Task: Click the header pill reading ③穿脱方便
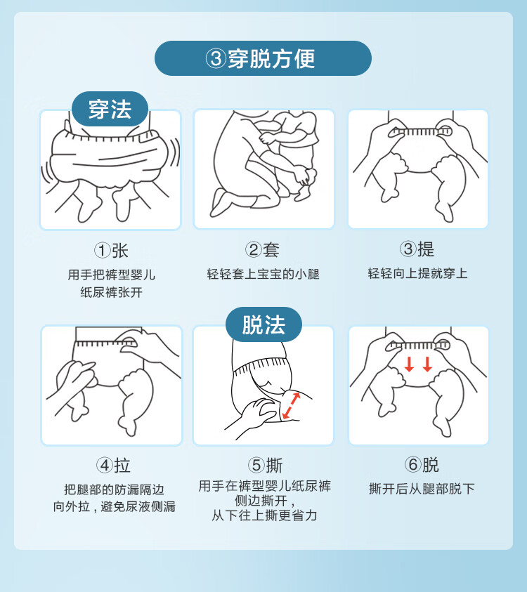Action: [x=263, y=58]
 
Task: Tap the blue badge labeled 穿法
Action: [x=110, y=109]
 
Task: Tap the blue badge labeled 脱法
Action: [x=263, y=324]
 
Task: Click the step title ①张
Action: [x=111, y=250]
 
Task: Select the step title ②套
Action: [x=262, y=249]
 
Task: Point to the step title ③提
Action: [x=417, y=249]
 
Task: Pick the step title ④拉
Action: [x=113, y=466]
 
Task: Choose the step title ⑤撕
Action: [x=265, y=465]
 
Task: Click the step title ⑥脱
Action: [x=422, y=465]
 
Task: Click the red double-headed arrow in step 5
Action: [x=292, y=406]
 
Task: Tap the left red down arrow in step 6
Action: [x=409, y=364]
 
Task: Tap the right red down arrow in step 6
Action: [x=427, y=364]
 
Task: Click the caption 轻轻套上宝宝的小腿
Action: [x=263, y=274]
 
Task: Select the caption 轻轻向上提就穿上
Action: [x=418, y=273]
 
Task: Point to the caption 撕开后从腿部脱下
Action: [x=422, y=489]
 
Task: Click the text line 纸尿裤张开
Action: [x=112, y=292]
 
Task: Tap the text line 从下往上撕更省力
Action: [x=264, y=515]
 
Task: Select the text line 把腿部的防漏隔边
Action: [x=114, y=489]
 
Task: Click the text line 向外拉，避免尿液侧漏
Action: [x=114, y=506]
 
